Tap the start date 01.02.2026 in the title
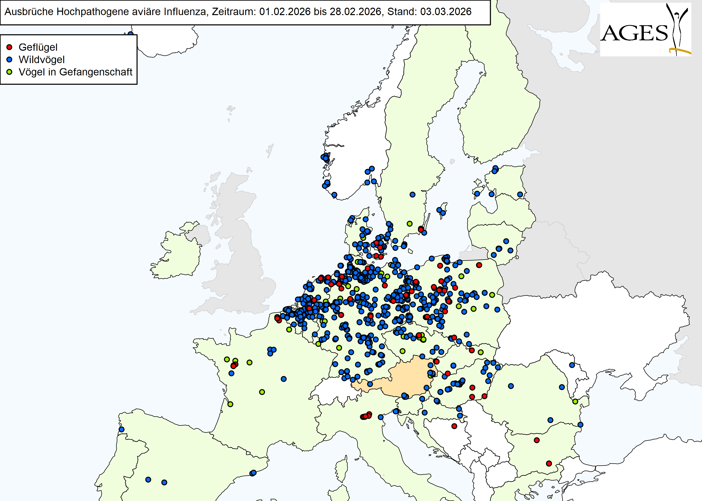point(285,12)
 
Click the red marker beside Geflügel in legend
point(9,47)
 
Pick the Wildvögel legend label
point(41,60)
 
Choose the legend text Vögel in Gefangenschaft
point(75,72)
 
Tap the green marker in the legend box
point(9,72)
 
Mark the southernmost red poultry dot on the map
point(548,463)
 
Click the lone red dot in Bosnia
point(454,426)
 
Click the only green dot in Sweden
point(409,224)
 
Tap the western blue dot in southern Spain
point(148,480)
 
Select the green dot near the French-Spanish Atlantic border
point(230,404)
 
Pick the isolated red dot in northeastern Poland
point(479,265)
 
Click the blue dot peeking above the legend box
point(130,34)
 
